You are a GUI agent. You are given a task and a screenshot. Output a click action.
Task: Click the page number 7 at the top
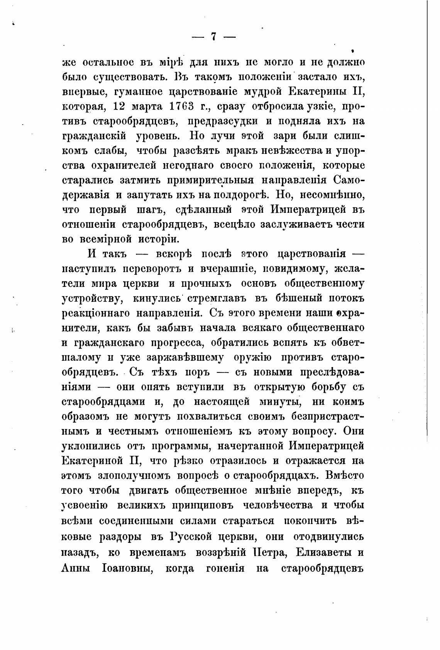(x=213, y=37)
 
